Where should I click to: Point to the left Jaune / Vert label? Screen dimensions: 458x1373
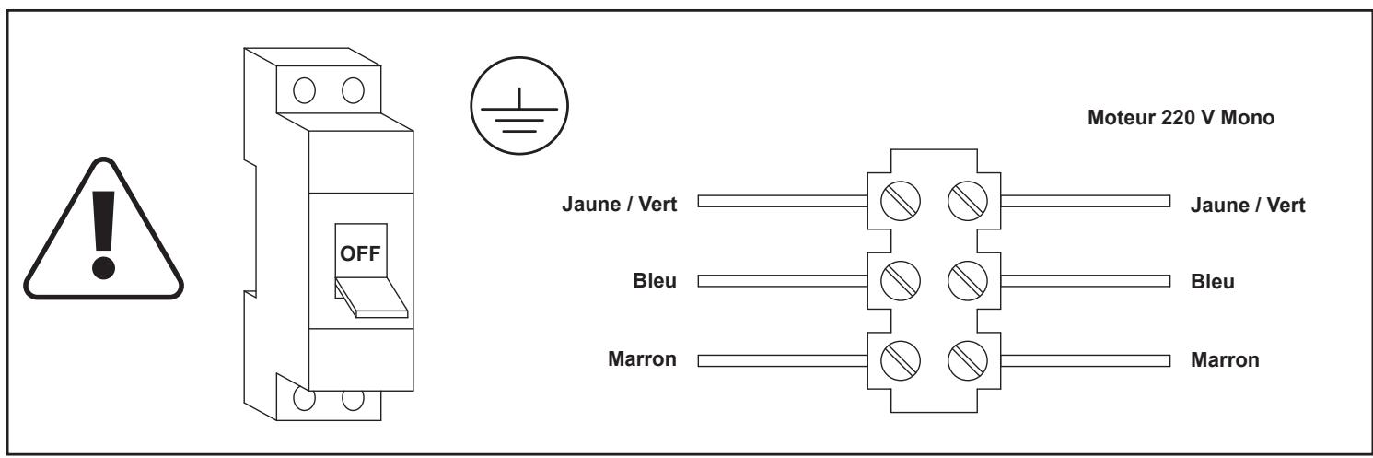(x=620, y=205)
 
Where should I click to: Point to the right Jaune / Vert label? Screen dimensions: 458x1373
(x=1249, y=205)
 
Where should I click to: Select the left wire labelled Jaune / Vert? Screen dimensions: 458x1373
(x=783, y=201)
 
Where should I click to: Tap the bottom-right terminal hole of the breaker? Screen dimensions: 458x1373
(x=352, y=401)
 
